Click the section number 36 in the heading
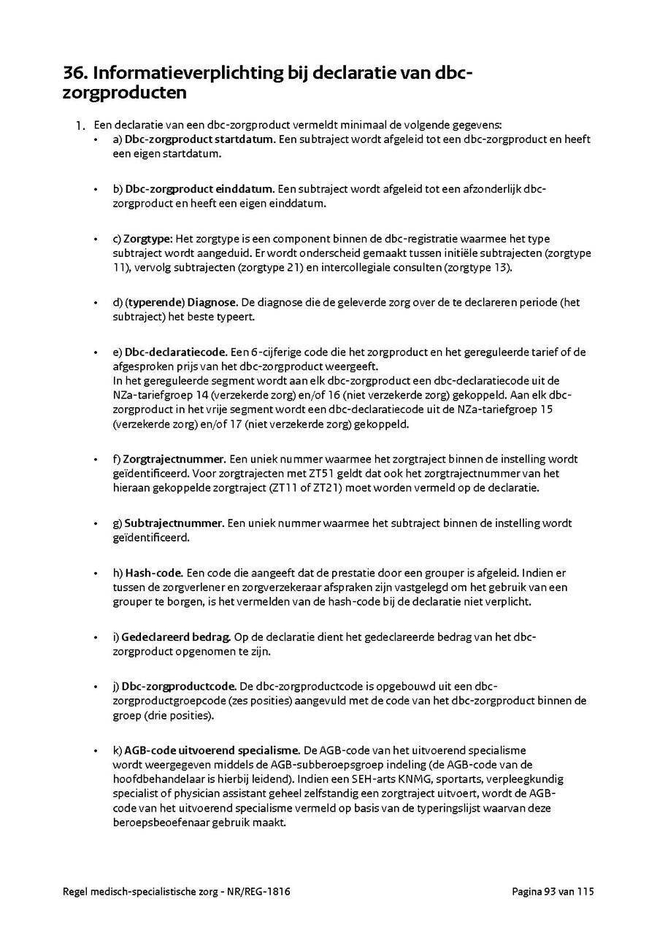74,73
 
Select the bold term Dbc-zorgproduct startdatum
199,139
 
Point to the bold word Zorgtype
147,239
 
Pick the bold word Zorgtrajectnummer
174,459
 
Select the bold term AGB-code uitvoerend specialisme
212,750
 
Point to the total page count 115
586,892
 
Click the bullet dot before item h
96,574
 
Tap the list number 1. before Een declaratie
81,126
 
